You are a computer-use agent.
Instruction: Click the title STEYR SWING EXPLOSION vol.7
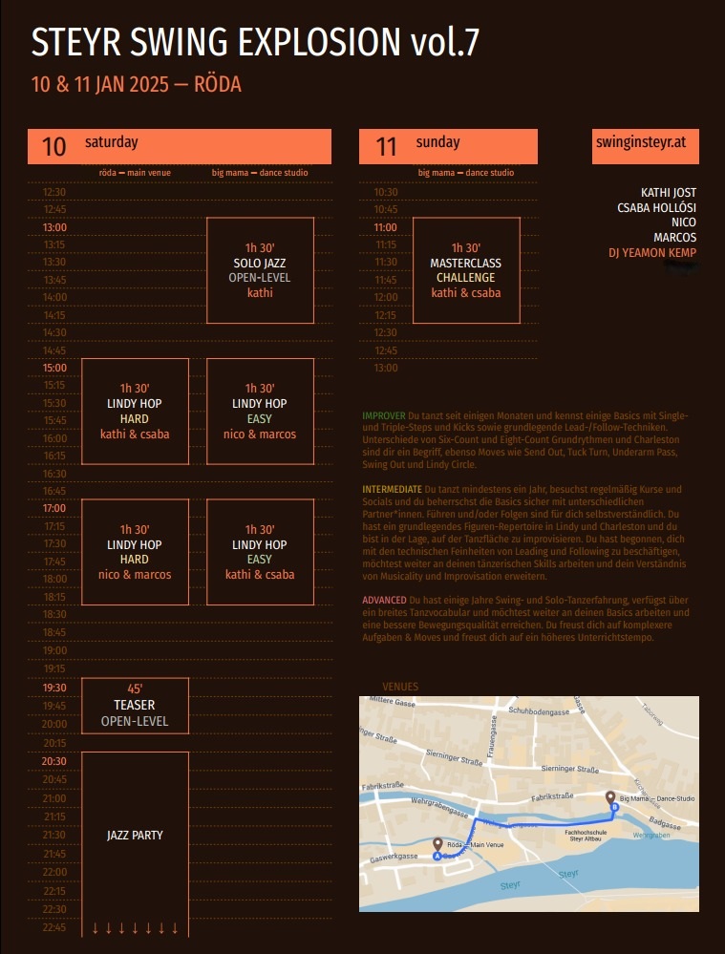tap(255, 43)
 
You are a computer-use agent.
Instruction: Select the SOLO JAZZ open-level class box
tap(260, 270)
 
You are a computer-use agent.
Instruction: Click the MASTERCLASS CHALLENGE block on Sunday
tap(466, 270)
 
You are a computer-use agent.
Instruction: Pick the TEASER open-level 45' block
tap(135, 706)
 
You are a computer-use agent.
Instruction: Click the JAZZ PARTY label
tap(135, 836)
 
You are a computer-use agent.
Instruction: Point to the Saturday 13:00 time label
tap(54, 227)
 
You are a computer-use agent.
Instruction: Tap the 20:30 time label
tap(54, 761)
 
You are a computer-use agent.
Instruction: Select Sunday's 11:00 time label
tap(385, 227)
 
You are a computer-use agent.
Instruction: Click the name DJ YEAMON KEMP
tap(652, 253)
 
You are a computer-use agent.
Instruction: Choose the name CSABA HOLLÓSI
tap(656, 208)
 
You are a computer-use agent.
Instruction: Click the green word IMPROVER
tap(384, 416)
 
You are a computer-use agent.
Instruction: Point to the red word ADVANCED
tap(384, 599)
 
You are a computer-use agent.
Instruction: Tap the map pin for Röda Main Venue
tap(437, 845)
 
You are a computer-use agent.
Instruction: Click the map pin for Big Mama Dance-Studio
tap(610, 797)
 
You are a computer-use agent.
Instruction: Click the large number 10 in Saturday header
tap(54, 146)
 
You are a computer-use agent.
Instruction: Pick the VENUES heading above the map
tap(400, 687)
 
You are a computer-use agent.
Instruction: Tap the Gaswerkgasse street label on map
tap(394, 859)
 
